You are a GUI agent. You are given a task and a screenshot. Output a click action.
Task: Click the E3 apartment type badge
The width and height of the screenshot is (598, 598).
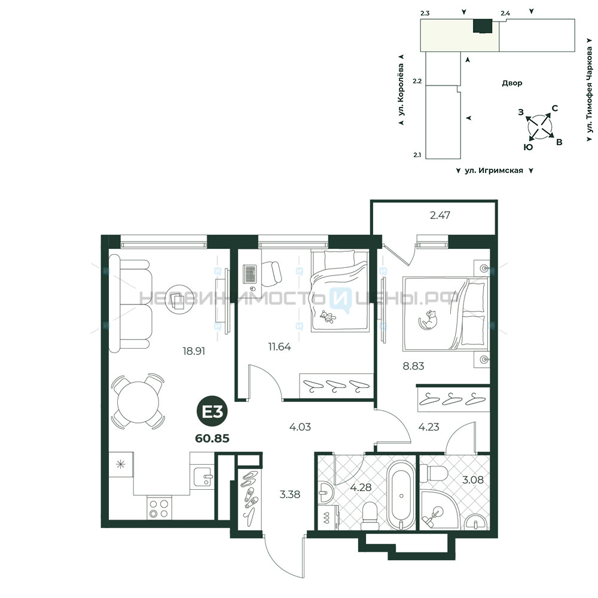212,412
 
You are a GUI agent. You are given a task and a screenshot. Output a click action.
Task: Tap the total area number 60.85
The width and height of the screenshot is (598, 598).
212,438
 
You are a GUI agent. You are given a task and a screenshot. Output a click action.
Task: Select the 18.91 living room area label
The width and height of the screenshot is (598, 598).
194,351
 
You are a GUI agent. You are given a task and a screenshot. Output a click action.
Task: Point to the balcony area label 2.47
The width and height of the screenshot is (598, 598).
440,215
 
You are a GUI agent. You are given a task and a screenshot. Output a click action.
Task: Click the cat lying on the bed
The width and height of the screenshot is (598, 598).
428,319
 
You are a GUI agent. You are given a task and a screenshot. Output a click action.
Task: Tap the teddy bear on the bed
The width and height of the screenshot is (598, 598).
328,316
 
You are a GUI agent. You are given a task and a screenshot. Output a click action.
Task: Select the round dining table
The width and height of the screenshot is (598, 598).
138,401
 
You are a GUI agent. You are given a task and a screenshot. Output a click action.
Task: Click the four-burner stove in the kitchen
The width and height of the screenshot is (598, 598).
159,508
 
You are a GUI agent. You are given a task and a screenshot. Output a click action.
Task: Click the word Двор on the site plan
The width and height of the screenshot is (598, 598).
512,83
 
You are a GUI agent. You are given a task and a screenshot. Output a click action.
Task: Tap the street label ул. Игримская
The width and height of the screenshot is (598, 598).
494,170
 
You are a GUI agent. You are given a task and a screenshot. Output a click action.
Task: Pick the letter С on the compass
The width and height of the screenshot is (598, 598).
555,108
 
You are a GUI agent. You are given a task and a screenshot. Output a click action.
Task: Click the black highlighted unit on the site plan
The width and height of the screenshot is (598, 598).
483,26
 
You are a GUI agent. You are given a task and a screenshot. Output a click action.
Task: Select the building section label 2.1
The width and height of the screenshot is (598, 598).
417,155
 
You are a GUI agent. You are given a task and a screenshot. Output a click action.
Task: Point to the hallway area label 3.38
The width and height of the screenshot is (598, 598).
290,495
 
